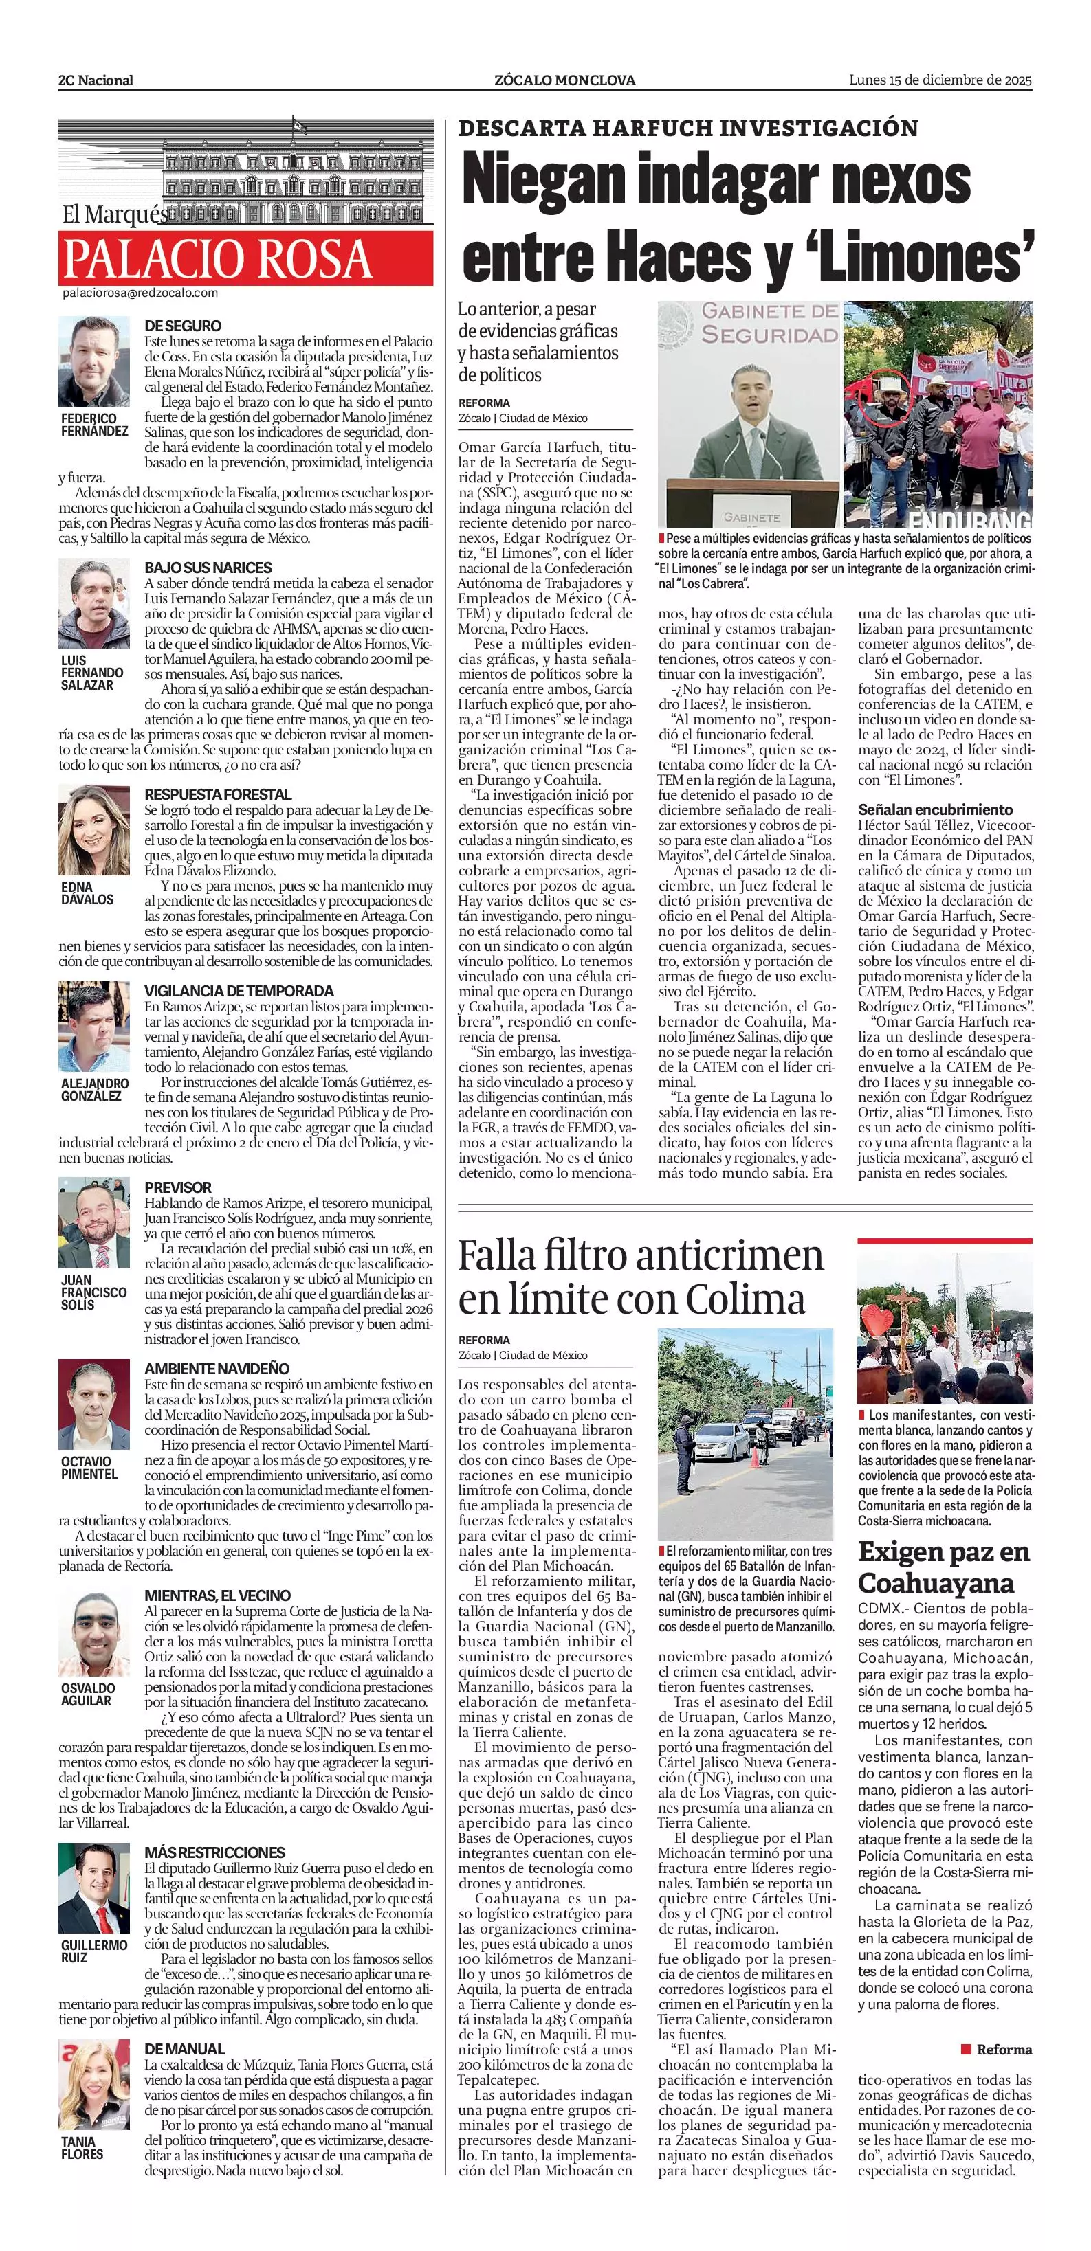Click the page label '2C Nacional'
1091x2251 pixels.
pos(96,80)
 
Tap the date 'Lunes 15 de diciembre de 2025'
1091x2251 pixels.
pos(940,80)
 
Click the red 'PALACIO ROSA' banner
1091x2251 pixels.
pos(245,258)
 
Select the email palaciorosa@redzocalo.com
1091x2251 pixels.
pos(140,293)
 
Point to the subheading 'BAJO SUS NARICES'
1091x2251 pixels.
pos(208,567)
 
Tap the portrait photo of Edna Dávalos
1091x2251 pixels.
pos(93,829)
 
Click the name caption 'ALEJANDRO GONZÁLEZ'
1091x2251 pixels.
pos(94,1089)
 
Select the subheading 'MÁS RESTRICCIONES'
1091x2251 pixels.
pos(215,1852)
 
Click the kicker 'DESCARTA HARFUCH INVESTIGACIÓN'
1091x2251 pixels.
pos(688,128)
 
